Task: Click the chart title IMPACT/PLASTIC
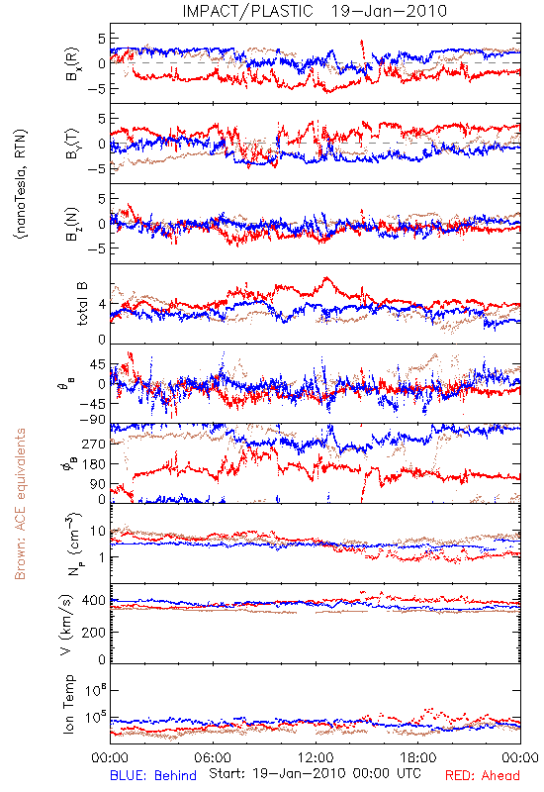click(248, 11)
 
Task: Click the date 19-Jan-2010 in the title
click(389, 11)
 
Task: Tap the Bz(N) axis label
click(71, 224)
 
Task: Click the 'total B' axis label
click(81, 304)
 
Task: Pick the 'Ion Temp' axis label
click(68, 704)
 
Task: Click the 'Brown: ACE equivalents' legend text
click(20, 504)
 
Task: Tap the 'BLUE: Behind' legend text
click(153, 775)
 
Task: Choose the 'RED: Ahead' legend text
click(482, 775)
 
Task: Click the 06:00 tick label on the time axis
click(213, 757)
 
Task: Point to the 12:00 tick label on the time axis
click(316, 757)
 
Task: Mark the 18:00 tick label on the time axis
click(418, 757)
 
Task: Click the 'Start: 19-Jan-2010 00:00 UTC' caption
click(315, 773)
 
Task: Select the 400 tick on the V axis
click(94, 601)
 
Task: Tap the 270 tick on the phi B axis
click(94, 444)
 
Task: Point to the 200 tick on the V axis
click(94, 632)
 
